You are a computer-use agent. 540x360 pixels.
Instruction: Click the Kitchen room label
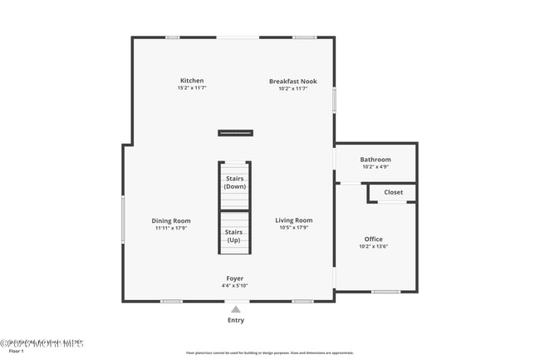coord(192,81)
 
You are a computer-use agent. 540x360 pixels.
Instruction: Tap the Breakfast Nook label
coord(292,81)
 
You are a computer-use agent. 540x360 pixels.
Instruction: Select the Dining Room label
coord(171,220)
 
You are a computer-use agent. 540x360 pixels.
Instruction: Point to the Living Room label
coord(294,220)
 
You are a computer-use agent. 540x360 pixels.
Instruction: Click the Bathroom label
coord(375,160)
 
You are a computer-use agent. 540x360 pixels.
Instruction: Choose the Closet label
coord(393,192)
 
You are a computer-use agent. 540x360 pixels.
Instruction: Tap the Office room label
coord(373,239)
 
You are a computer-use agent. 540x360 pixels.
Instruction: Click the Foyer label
coord(235,278)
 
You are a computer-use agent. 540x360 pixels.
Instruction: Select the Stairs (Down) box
coord(235,183)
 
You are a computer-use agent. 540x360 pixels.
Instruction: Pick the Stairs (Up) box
coord(235,235)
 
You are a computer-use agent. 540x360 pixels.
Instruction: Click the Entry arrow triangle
coord(236,309)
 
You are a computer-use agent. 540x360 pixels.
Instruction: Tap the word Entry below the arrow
coord(236,320)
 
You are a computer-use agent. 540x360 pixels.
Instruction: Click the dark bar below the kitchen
coord(235,133)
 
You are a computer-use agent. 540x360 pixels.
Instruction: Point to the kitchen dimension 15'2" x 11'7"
coord(192,88)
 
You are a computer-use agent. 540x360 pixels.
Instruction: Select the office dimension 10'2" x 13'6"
coord(373,246)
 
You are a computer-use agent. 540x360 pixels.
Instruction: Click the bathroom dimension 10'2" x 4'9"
coord(375,167)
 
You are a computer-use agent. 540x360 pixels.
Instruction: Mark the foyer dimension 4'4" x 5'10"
coord(235,285)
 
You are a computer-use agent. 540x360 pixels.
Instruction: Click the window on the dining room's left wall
coord(123,219)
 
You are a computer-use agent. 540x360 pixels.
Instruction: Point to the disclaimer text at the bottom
coord(270,353)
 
